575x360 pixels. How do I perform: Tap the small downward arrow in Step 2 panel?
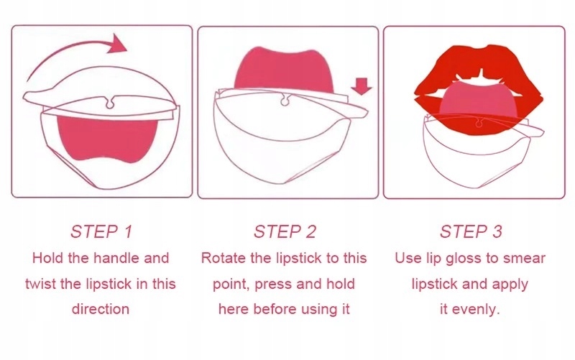[362, 86]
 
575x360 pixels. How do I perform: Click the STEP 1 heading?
[101, 231]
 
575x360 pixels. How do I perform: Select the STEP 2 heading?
[285, 231]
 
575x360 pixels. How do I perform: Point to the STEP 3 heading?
[471, 231]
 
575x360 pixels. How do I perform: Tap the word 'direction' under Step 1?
[101, 309]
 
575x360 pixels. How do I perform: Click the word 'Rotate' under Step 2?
[224, 258]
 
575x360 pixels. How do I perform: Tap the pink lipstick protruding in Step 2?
[284, 70]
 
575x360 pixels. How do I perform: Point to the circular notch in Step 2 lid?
[285, 101]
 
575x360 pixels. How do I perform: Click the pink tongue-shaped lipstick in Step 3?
[479, 100]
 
